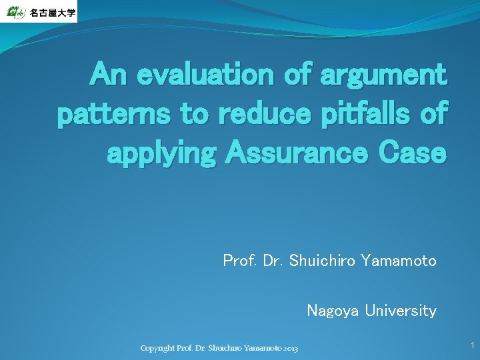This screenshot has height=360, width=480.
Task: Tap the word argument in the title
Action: pos(383,74)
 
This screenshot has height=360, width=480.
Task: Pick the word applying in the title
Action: pos(161,154)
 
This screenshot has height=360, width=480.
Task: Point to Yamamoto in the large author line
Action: pos(399,261)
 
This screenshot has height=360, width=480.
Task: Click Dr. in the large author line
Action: pos(273,261)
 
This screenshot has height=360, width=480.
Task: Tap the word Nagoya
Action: pos(333,311)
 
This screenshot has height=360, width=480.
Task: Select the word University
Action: pos(401,311)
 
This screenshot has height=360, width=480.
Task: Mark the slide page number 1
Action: pos(472,345)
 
